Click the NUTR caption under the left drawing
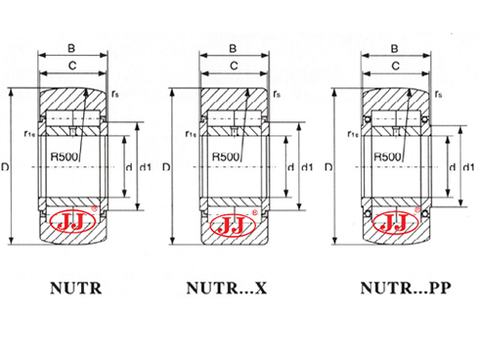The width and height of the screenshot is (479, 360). point(74,290)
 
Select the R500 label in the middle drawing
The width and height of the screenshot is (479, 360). point(226,157)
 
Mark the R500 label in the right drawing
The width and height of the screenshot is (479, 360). point(388,157)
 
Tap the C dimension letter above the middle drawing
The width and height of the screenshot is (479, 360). point(232,67)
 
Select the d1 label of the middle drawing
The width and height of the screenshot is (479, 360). point(306,167)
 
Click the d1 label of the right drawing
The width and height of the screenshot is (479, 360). point(468,167)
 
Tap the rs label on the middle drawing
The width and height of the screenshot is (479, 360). point(279,94)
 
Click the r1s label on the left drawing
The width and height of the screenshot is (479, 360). point(28,135)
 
